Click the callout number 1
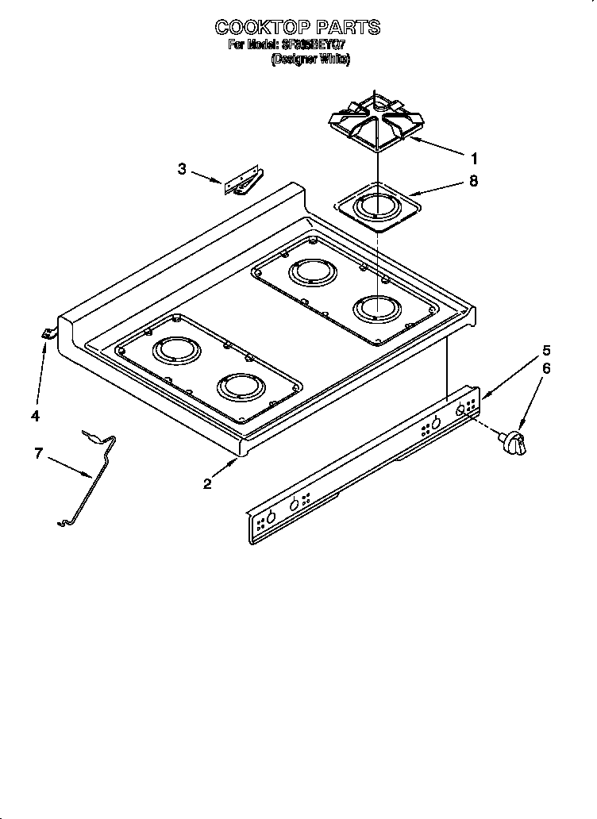click(474, 158)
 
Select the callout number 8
click(474, 181)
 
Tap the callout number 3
click(182, 169)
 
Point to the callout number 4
click(35, 415)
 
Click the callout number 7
click(37, 453)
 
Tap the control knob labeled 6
click(513, 443)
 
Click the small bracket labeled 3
click(242, 182)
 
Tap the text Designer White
click(310, 59)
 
